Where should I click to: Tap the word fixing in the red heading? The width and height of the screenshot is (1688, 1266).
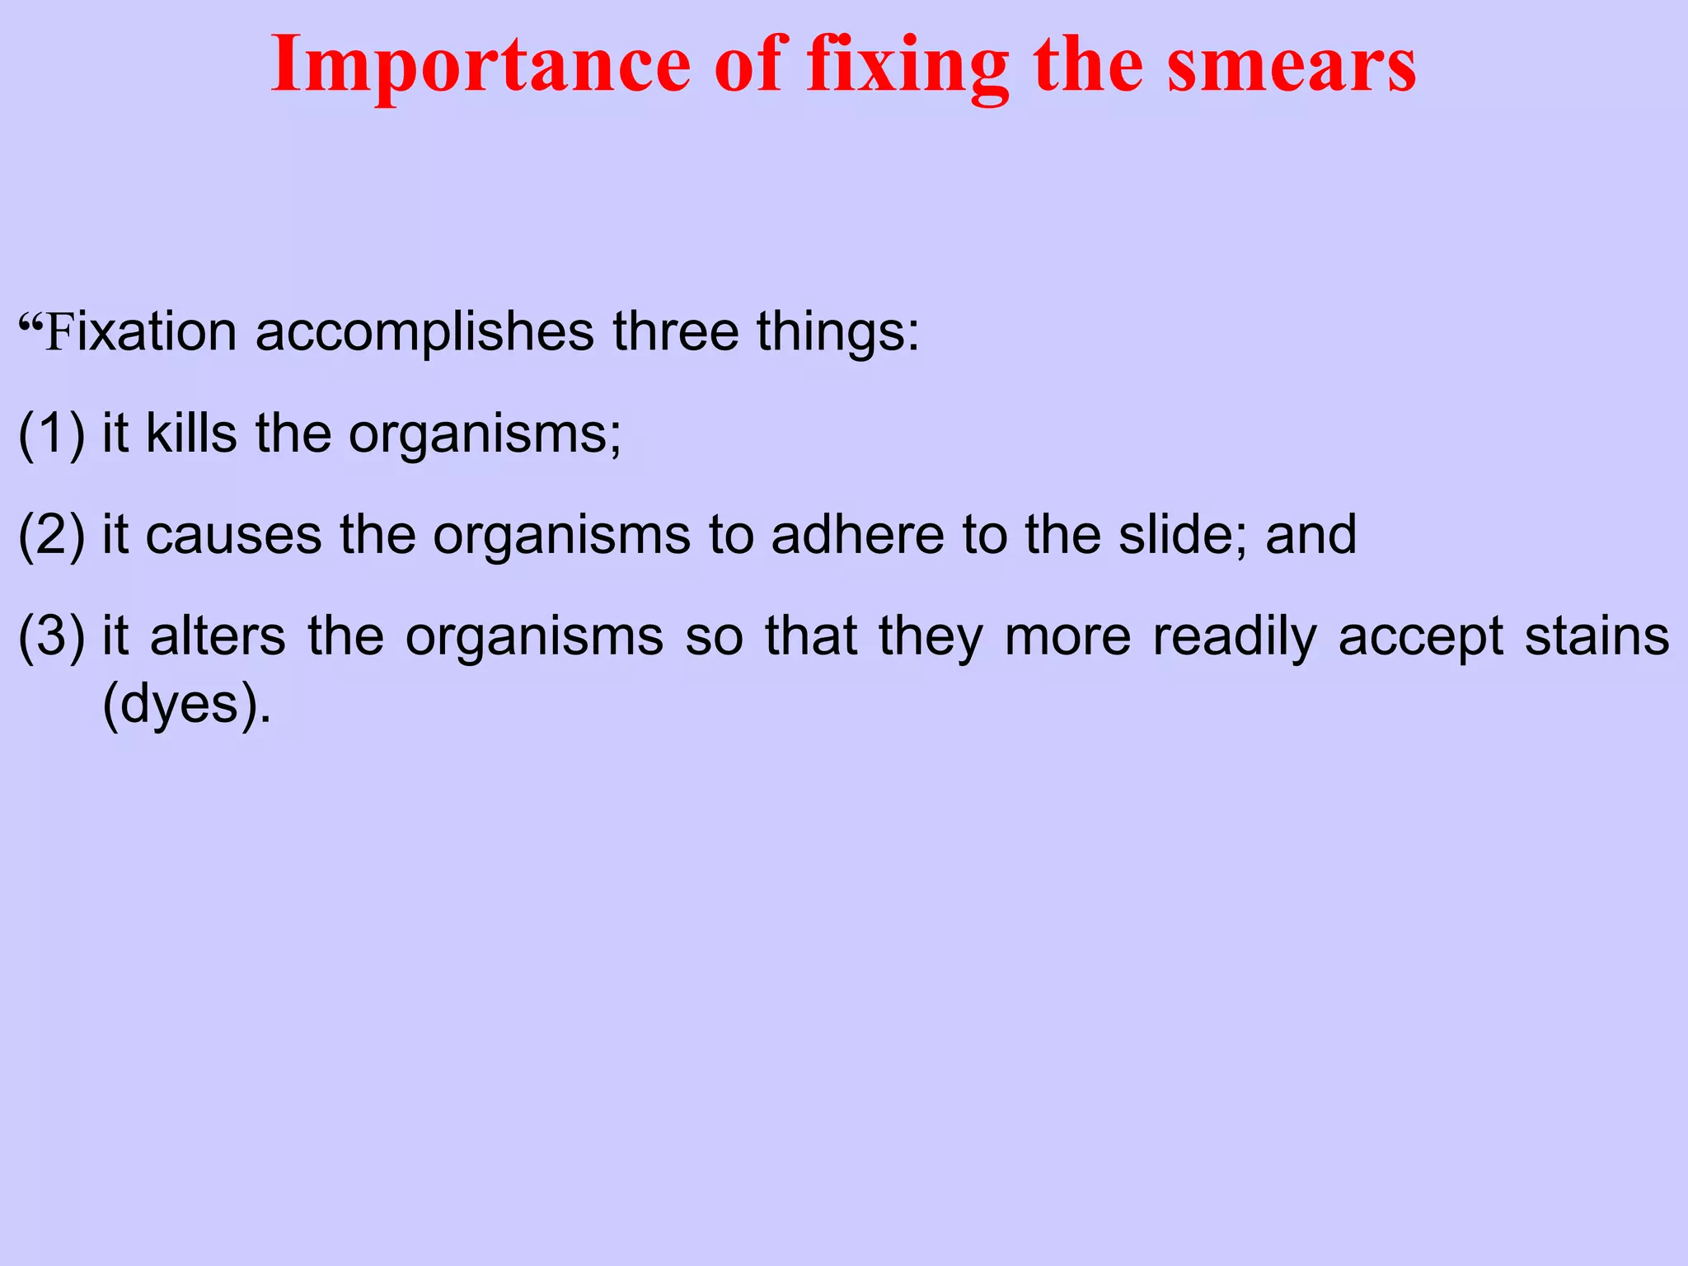[x=907, y=66]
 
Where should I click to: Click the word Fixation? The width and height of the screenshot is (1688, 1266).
[x=140, y=331]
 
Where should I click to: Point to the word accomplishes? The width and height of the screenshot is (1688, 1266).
[x=424, y=331]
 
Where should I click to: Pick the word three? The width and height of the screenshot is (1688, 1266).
[x=675, y=331]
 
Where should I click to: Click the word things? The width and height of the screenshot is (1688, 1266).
[x=837, y=331]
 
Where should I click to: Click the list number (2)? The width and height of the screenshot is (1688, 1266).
[x=51, y=535]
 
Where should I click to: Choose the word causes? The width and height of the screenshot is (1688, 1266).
[x=233, y=535]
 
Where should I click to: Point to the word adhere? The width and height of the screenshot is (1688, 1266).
[x=857, y=535]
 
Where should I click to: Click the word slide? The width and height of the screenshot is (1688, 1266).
[x=1182, y=535]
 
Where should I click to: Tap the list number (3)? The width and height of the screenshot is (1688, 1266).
[x=51, y=636]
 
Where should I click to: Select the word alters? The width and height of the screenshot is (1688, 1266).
[x=218, y=636]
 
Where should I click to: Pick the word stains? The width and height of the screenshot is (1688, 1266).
[x=1597, y=636]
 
